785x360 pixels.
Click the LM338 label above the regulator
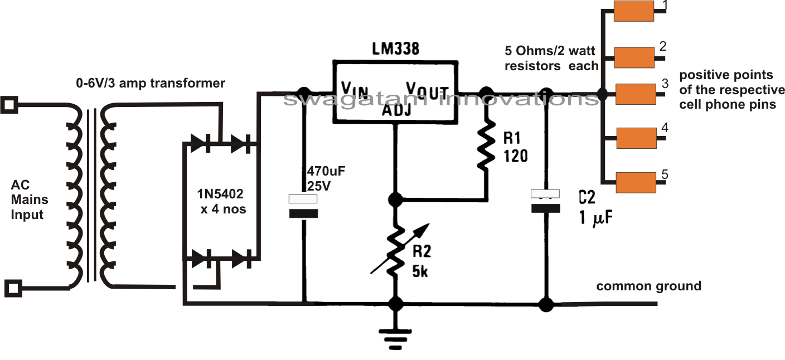point(395,49)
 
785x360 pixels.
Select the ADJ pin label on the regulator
point(396,109)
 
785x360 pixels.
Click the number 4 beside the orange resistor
point(664,128)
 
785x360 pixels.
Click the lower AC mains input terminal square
point(13,288)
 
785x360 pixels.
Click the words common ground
point(648,286)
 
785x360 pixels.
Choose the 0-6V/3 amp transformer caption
point(151,84)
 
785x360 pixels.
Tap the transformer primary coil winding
point(74,195)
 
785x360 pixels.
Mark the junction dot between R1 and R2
point(396,198)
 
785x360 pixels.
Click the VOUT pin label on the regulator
point(428,89)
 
